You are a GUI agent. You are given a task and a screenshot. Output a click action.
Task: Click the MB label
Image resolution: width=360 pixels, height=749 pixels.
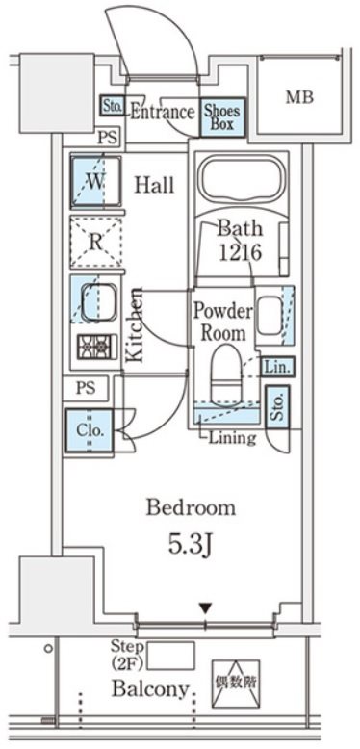tap(299, 97)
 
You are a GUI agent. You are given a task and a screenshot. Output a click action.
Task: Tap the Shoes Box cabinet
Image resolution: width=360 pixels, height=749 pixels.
tap(222, 118)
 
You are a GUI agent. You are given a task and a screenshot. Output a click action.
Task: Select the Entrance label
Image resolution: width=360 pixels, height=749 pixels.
tap(163, 113)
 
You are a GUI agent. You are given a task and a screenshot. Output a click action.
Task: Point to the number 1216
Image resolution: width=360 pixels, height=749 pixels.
tap(240, 251)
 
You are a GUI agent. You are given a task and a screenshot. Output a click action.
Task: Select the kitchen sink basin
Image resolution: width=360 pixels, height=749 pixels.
tap(98, 304)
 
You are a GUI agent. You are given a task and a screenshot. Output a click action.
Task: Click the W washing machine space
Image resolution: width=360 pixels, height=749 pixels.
tap(95, 181)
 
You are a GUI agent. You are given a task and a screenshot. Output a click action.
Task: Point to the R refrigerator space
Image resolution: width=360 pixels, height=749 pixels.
tap(95, 242)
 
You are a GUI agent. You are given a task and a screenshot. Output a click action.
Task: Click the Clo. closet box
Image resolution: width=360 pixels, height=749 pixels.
tap(90, 430)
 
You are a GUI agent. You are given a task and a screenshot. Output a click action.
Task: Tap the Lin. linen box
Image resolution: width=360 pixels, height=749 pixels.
tap(278, 367)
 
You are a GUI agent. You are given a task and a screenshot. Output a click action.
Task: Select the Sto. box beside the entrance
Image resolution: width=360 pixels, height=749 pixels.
tap(113, 106)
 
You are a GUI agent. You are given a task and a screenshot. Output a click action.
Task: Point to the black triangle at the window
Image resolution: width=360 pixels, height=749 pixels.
tap(205, 608)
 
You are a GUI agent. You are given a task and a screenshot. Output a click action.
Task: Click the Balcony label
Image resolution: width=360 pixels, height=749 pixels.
tap(150, 688)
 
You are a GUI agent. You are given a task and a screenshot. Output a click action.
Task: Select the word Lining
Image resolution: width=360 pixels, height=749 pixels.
tap(232, 437)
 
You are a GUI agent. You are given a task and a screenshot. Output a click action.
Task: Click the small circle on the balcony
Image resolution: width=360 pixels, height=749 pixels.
tap(49, 649)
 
